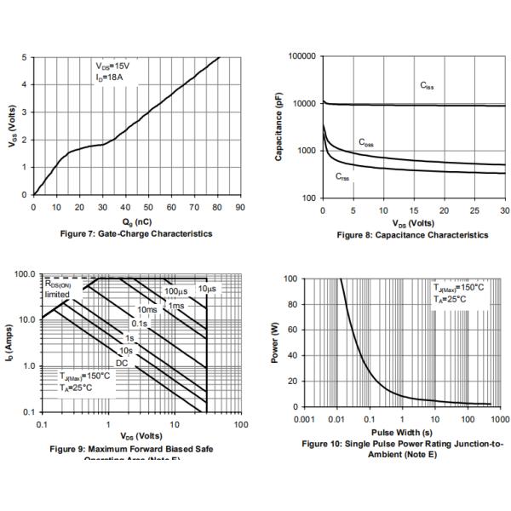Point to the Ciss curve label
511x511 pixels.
(x=428, y=85)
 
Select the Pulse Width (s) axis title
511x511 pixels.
(x=405, y=433)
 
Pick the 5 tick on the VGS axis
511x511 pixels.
(x=24, y=58)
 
